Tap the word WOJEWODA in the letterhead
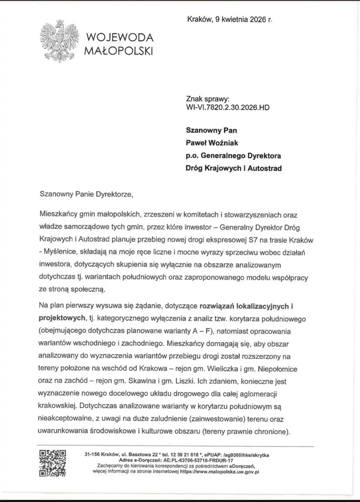click(119, 38)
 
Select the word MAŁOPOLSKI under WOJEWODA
click(119, 51)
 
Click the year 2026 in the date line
click(258, 19)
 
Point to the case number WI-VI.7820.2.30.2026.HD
click(228, 108)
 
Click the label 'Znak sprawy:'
click(208, 99)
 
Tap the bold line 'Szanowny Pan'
click(211, 130)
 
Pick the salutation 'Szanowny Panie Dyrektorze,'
click(86, 194)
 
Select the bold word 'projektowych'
click(61, 318)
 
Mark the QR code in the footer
click(52, 463)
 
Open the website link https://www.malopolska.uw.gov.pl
click(219, 472)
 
